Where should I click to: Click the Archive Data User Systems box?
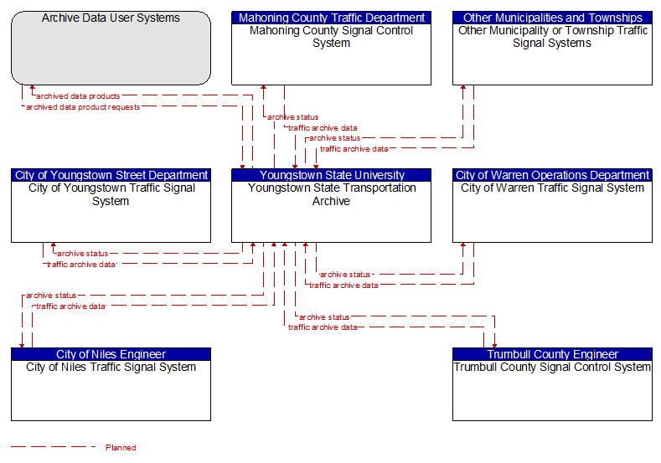pos(111,48)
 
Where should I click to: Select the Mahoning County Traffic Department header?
pos(332,18)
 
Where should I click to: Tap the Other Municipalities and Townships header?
pos(552,18)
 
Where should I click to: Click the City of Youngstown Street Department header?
pos(111,175)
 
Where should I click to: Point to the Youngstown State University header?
pos(332,175)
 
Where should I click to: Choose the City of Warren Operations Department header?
pos(552,175)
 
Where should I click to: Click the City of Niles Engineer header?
pos(111,354)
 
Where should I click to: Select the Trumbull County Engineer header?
pos(552,354)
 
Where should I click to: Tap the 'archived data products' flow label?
pos(78,96)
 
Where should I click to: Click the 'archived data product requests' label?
pos(83,107)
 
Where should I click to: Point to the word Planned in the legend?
pos(121,447)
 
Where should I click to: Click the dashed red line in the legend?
pos(54,446)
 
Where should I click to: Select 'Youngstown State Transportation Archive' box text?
pos(332,194)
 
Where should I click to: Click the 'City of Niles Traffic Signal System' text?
pos(111,368)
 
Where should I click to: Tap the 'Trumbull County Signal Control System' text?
pos(552,368)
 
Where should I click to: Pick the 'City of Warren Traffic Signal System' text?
pos(552,188)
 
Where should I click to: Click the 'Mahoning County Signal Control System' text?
pos(332,37)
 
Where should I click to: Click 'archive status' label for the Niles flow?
pos(51,296)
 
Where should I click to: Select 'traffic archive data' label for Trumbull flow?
pos(323,327)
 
